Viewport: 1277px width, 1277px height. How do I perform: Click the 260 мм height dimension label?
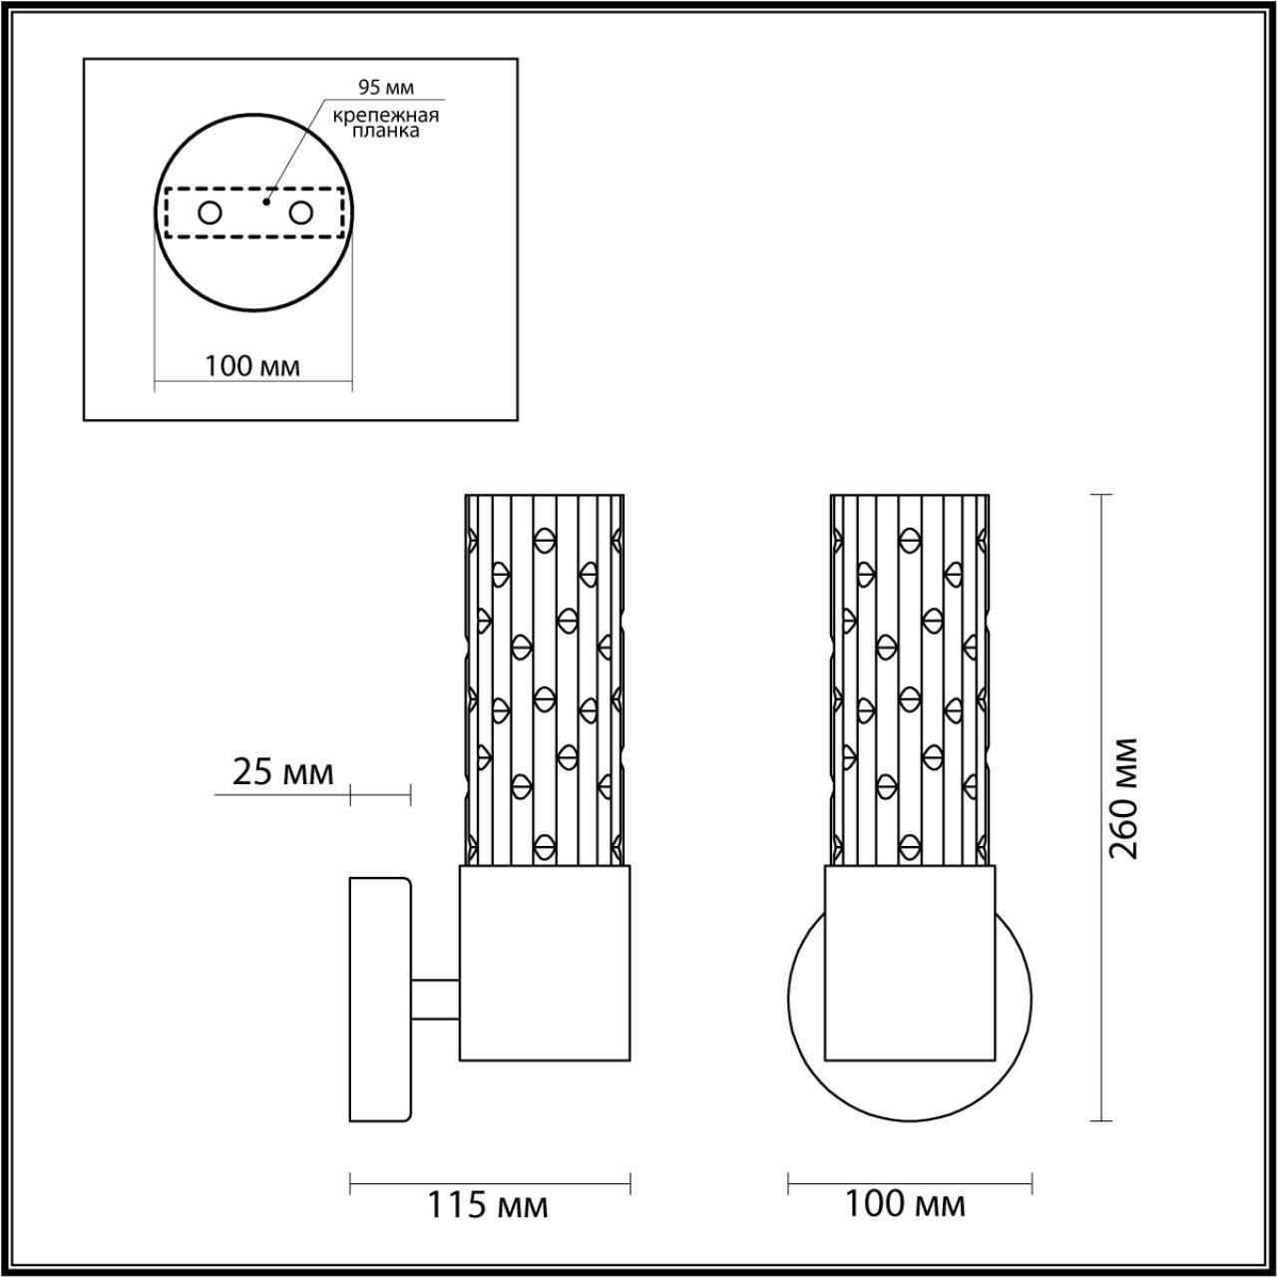tap(1124, 798)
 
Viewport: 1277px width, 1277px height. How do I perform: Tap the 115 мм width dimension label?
tap(488, 1205)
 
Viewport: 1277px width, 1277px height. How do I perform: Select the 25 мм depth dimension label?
tap(283, 772)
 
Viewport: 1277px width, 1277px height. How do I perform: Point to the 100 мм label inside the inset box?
tap(252, 366)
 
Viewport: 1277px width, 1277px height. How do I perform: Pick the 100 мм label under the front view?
tap(905, 1204)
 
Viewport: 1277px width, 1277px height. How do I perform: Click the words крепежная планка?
tap(386, 122)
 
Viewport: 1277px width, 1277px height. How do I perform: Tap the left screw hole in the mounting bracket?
tap(210, 213)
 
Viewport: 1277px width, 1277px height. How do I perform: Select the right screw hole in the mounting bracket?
tap(301, 213)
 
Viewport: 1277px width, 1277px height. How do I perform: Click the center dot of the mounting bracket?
tap(264, 202)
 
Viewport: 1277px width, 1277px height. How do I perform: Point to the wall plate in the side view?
tap(379, 999)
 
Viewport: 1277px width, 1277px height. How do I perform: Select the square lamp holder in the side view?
tap(544, 962)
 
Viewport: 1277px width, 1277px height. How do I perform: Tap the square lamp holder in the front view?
tap(910, 962)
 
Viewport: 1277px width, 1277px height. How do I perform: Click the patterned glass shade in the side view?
tap(545, 678)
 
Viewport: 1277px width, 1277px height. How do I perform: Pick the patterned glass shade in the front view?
tap(910, 678)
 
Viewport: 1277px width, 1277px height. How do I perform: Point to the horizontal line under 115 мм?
tap(489, 1184)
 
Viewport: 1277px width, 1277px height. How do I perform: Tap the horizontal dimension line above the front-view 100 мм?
tap(909, 1184)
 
